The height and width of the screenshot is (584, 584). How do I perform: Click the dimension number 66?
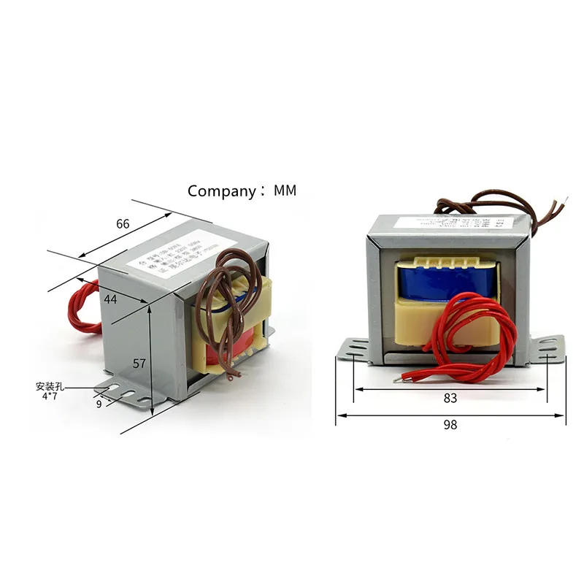tap(123, 224)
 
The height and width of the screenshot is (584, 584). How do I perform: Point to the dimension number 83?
tap(450, 399)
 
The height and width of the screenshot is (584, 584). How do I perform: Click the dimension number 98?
tap(450, 425)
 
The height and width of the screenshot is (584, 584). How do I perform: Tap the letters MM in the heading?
tap(285, 191)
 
